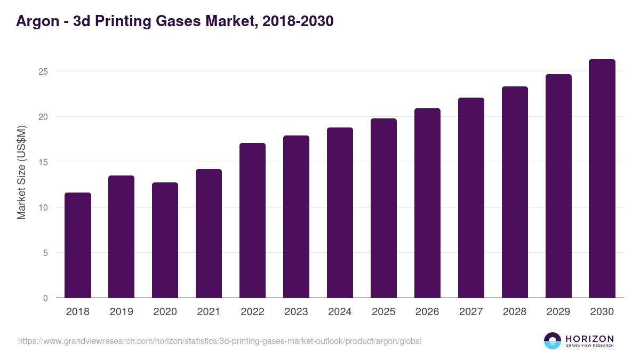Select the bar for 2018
coord(78,245)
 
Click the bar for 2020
coord(165,240)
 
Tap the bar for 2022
coord(252,220)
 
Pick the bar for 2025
coord(383,208)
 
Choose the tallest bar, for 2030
coord(602,179)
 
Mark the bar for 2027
coord(471,198)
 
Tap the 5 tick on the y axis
coord(45,253)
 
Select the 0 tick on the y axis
coord(45,298)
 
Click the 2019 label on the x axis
coord(122,312)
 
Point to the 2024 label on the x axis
coord(340,312)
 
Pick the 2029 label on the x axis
coord(558,312)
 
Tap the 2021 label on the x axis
coord(209,312)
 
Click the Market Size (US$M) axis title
coord(21,172)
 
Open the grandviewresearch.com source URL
coord(220,341)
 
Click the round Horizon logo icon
coord(553,341)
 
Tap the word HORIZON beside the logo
coord(589,339)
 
